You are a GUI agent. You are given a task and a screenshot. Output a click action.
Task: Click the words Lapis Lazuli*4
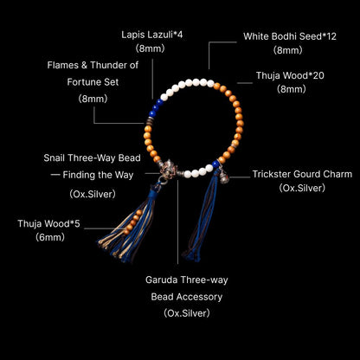tap(152, 35)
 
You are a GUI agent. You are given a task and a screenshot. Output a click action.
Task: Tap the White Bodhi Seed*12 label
tap(290, 36)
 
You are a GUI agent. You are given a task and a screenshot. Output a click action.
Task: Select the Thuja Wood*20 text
tap(290, 75)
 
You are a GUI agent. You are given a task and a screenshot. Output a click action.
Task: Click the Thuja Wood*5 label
tap(48, 223)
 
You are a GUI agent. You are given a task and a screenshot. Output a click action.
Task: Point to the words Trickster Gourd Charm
tap(302, 174)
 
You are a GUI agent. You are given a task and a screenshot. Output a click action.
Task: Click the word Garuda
tap(161, 280)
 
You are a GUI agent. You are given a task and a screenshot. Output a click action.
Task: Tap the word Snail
tap(55, 158)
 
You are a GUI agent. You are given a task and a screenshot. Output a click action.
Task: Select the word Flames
tap(63, 65)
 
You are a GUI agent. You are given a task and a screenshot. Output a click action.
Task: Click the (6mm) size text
tap(50, 237)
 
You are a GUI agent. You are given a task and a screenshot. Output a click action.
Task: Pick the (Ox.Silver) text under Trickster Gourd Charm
tap(302, 188)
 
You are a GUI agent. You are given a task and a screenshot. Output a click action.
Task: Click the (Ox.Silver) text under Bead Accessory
tap(187, 313)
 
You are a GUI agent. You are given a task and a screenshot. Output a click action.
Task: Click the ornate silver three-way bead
tap(170, 168)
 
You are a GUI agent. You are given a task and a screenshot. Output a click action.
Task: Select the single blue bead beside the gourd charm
tap(215, 164)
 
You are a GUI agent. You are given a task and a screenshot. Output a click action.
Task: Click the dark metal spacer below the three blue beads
tap(150, 121)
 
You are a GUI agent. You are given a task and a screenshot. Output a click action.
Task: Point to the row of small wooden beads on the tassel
tap(133, 222)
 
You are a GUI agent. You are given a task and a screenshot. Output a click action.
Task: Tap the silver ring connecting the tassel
tap(162, 180)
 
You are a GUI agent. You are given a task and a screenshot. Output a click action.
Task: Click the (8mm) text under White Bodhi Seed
tap(288, 50)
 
